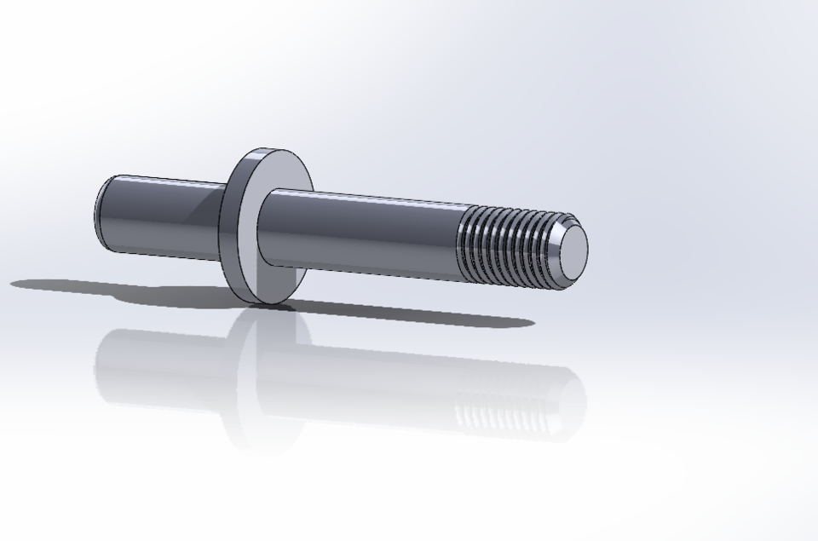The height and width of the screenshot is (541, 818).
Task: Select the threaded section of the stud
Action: click(x=507, y=245)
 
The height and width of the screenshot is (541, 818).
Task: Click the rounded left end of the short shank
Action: click(x=101, y=213)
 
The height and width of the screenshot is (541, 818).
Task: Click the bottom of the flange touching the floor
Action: click(x=268, y=302)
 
